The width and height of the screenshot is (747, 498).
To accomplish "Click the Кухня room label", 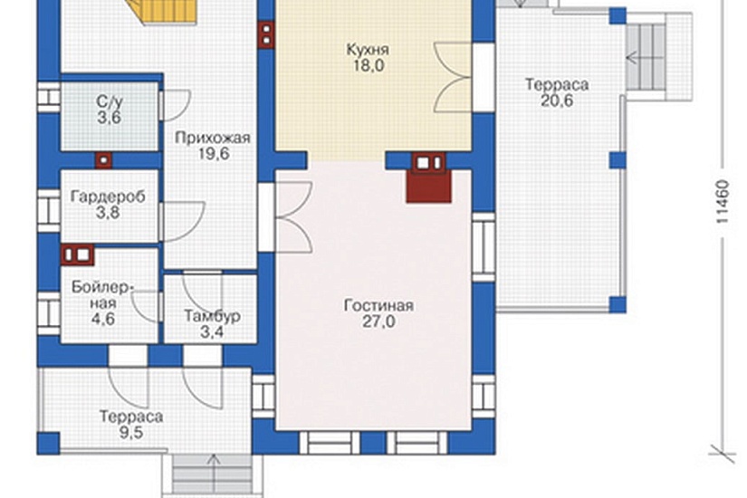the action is [368, 50].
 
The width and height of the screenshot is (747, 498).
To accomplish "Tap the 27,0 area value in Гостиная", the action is [378, 321].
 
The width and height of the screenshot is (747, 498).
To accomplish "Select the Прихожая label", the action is [213, 139].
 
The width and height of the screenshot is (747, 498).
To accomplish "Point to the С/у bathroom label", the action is [110, 101].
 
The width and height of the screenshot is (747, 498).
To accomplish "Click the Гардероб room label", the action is [108, 196].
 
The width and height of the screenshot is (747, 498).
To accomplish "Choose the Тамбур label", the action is [212, 316].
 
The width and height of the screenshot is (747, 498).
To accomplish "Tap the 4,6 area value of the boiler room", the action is [103, 319].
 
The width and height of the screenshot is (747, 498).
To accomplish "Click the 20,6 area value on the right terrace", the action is [557, 101].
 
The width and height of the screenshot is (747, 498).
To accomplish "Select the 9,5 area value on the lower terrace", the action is [131, 433].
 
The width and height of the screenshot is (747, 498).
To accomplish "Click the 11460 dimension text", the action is [723, 201].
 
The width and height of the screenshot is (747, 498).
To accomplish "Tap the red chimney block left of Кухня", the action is [266, 34].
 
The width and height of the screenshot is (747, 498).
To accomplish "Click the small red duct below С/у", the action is [104, 160].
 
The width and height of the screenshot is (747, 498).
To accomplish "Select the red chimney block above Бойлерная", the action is [78, 255].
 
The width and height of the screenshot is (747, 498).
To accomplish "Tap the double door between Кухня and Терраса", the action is [453, 77].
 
